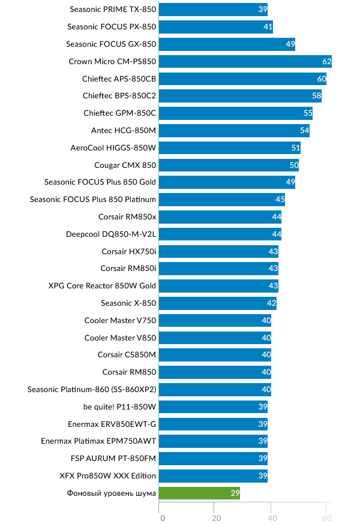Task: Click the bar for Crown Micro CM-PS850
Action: tap(245, 61)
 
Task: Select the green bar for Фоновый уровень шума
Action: tap(199, 493)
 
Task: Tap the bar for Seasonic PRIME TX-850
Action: tap(213, 10)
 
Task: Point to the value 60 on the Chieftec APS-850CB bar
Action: tap(322, 79)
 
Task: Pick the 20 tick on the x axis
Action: tap(216, 518)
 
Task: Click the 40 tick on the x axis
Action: tap(271, 518)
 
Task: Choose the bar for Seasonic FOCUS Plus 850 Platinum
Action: tap(222, 200)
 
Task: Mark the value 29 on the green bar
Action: tap(235, 493)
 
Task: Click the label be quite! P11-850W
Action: tap(120, 406)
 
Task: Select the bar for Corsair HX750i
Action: tap(219, 251)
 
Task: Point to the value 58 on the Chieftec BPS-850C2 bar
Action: tap(316, 96)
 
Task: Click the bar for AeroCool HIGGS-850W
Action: tap(230, 147)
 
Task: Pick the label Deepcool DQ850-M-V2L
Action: tap(111, 234)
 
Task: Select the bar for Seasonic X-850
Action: tap(218, 303)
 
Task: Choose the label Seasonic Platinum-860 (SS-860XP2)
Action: tap(92, 389)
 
